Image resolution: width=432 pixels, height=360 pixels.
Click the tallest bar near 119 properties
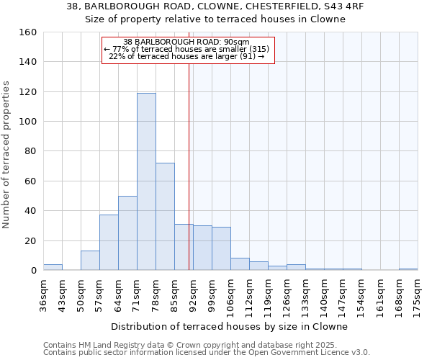tap(146, 181)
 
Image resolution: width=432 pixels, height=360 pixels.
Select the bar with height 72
tap(165, 216)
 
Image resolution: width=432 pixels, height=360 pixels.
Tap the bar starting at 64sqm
tap(127, 233)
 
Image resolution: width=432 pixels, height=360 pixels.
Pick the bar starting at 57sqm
tap(109, 242)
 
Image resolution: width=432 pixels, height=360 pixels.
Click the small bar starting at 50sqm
tap(90, 261)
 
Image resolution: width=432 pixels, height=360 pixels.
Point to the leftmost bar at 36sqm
tap(53, 267)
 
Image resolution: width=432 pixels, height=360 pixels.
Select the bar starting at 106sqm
tap(240, 264)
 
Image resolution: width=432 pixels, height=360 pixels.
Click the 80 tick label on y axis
tap(30, 151)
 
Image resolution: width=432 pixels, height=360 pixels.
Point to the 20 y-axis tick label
tap(30, 240)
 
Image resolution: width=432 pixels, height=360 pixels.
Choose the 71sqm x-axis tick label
tap(137, 294)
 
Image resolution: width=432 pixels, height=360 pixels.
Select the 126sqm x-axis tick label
tap(287, 294)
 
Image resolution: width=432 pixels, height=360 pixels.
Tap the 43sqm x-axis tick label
tap(62, 294)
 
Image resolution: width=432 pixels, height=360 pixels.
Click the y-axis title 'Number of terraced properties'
tap(7, 155)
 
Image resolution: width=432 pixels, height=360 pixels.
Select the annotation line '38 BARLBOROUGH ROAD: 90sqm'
tap(186, 42)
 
